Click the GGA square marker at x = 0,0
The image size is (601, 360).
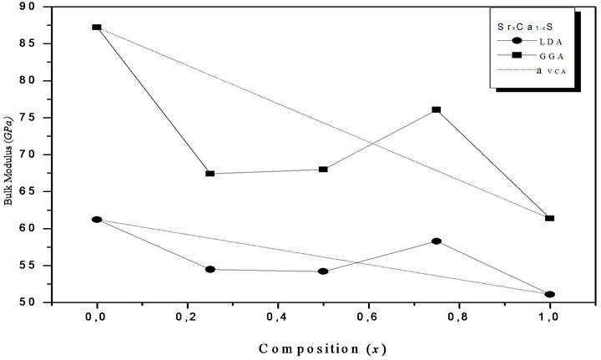click(x=97, y=28)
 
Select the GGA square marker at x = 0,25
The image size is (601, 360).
click(x=210, y=174)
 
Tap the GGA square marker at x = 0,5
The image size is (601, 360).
click(x=323, y=170)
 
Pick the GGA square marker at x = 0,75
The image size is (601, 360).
click(x=437, y=110)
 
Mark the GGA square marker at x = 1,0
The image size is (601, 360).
click(x=549, y=218)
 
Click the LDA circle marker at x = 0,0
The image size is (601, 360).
click(x=97, y=220)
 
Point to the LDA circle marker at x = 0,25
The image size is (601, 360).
click(x=210, y=270)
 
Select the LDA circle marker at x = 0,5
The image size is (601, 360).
click(x=323, y=271)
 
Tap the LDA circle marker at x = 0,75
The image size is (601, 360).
click(x=437, y=241)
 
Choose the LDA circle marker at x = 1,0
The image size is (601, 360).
click(x=549, y=294)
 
